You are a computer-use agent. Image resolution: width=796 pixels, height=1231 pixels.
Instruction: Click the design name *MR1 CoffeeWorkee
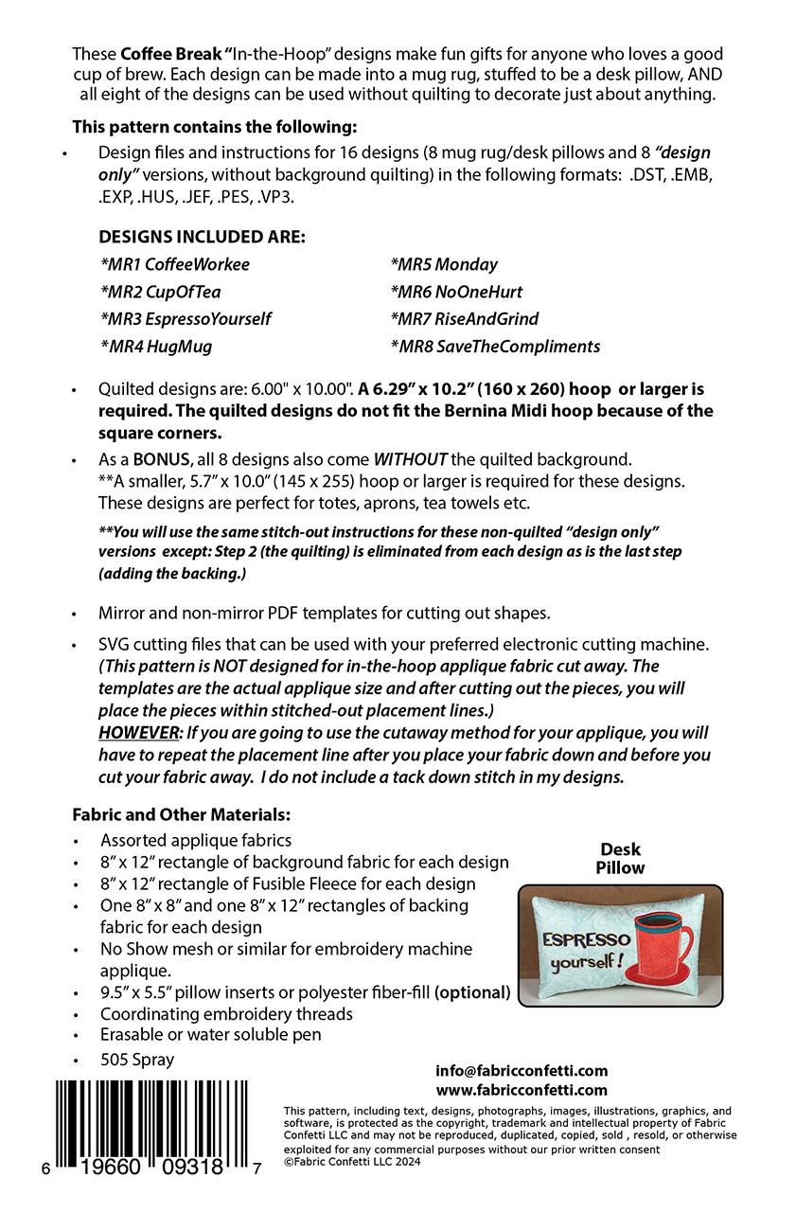174,264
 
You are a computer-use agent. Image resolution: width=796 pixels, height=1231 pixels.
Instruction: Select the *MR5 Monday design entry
443,264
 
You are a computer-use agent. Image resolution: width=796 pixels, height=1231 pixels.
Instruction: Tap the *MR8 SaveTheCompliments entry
494,347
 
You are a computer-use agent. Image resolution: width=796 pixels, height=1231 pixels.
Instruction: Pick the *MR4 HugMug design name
155,347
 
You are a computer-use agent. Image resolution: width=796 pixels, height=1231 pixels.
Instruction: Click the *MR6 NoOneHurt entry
455,292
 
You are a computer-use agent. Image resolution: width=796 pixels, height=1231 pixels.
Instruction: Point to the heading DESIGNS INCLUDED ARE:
202,237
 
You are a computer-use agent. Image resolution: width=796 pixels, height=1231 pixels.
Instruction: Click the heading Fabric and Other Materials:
181,814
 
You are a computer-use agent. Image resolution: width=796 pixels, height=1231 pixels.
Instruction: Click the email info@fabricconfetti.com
522,1070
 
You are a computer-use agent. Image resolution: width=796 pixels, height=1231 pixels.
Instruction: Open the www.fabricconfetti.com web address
522,1090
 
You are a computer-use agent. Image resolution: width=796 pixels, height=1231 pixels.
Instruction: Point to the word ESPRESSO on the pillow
586,940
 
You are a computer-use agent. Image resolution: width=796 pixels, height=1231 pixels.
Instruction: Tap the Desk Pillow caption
620,858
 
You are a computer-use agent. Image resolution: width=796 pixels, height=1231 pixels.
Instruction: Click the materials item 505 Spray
137,1060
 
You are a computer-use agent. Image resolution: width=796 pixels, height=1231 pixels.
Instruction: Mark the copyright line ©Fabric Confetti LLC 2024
352,1162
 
